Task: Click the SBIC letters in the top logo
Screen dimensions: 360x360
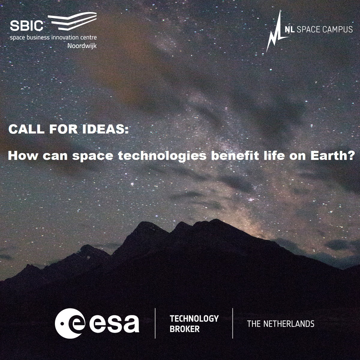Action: (x=26, y=25)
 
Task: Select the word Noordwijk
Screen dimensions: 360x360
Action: (x=82, y=46)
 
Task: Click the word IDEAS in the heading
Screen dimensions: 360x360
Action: (x=106, y=129)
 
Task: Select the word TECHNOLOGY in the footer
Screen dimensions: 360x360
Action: (x=194, y=319)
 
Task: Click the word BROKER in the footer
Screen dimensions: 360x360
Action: (x=184, y=329)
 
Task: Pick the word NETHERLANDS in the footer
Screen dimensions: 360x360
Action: (x=289, y=324)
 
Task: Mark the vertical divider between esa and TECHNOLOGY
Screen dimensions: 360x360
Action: (x=155, y=323)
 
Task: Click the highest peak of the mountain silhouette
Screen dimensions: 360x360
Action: (x=215, y=220)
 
